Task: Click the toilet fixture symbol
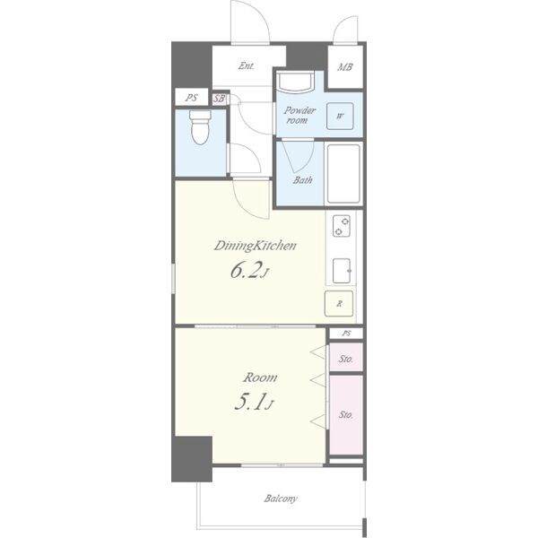click(x=200, y=127)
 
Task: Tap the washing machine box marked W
click(x=340, y=116)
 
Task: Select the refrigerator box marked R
click(x=339, y=303)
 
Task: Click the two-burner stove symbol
click(x=342, y=226)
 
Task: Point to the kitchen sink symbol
click(x=342, y=271)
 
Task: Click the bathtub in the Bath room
click(x=343, y=174)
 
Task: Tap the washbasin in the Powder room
click(x=295, y=82)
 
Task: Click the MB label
click(x=345, y=67)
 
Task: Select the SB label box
click(x=220, y=99)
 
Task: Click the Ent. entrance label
click(x=247, y=65)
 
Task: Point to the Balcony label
click(x=281, y=499)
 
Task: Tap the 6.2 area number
click(x=247, y=271)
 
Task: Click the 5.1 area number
click(x=251, y=402)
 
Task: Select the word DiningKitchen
click(x=255, y=246)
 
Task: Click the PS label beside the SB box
click(x=192, y=98)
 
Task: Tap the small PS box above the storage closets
click(x=346, y=334)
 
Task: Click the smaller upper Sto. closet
click(x=346, y=357)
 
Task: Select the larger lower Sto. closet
click(x=346, y=415)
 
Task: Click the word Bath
click(x=303, y=180)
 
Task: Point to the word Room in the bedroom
click(x=260, y=377)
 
